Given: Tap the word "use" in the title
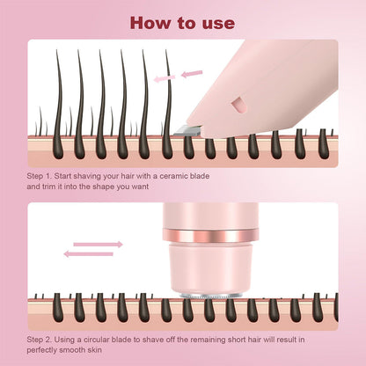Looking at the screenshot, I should [x=219, y=22].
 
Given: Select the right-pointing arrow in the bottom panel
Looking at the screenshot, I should [x=99, y=244].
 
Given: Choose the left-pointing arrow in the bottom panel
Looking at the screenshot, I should [x=88, y=253].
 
